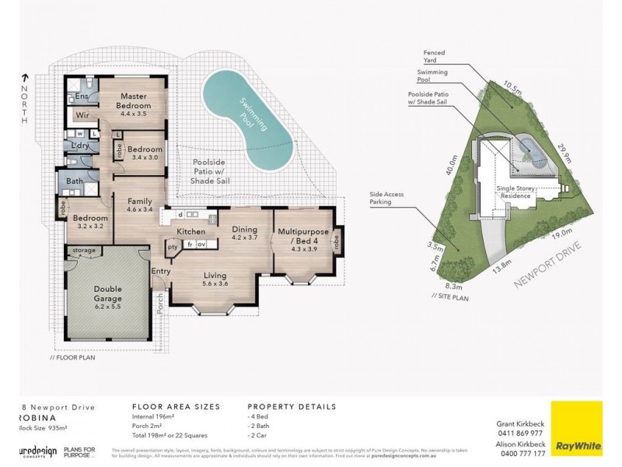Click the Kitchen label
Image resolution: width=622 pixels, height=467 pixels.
point(190,232)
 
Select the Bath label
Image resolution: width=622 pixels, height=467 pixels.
point(75,182)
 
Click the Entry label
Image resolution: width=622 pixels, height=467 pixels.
point(161,271)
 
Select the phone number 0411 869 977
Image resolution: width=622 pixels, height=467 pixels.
point(522,432)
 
